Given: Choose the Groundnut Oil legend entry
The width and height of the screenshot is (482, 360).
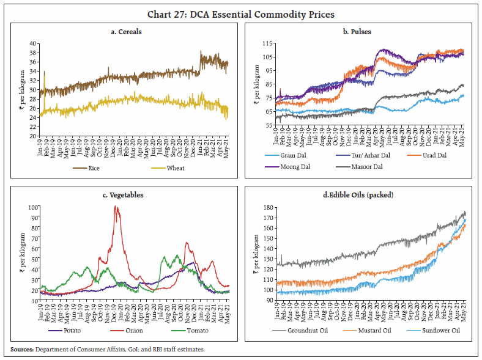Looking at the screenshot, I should click(x=295, y=330).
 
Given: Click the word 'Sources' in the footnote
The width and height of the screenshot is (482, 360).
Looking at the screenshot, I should click(x=21, y=349).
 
